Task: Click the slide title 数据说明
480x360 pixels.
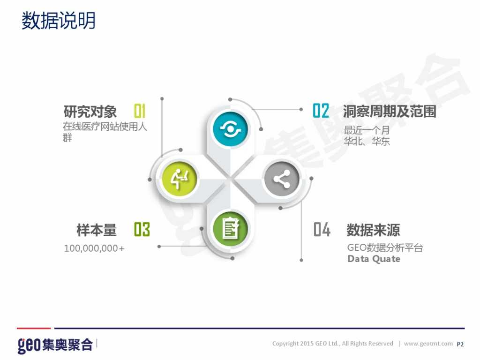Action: pyautogui.click(x=59, y=21)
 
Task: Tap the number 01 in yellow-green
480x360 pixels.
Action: pyautogui.click(x=140, y=111)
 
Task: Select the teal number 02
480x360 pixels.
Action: pyautogui.click(x=321, y=111)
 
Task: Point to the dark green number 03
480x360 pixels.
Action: pyautogui.click(x=142, y=230)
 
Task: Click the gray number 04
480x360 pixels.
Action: pyautogui.click(x=322, y=230)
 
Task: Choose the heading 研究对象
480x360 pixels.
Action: pyautogui.click(x=90, y=112)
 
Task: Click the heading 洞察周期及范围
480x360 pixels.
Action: pyautogui.click(x=390, y=111)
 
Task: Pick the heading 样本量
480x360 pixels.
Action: pyautogui.click(x=97, y=230)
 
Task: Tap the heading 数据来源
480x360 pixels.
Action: pyautogui.click(x=373, y=230)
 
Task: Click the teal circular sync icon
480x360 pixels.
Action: pyautogui.click(x=230, y=128)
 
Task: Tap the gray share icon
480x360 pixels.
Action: pyautogui.click(x=282, y=179)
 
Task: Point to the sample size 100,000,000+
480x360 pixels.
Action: pyautogui.click(x=94, y=248)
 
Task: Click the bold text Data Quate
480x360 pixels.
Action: pyautogui.click(x=374, y=259)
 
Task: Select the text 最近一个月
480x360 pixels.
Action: pyautogui.click(x=367, y=130)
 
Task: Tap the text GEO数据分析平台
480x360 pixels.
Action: pyautogui.click(x=385, y=247)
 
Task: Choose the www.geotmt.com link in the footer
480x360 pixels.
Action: pyautogui.click(x=428, y=344)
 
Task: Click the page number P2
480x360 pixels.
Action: pyautogui.click(x=460, y=344)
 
